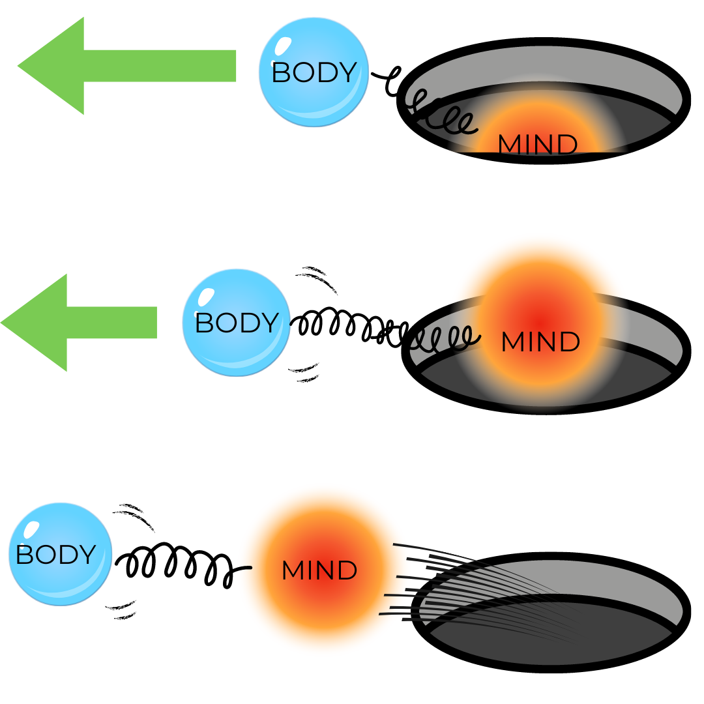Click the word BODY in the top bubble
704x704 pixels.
click(x=314, y=72)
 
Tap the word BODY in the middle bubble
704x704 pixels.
click(x=237, y=323)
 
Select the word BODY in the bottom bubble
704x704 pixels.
click(x=55, y=555)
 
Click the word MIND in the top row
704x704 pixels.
click(x=537, y=145)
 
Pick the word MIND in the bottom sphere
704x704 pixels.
click(x=319, y=571)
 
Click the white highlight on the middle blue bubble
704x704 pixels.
click(x=205, y=297)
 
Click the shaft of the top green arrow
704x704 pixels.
click(x=163, y=66)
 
